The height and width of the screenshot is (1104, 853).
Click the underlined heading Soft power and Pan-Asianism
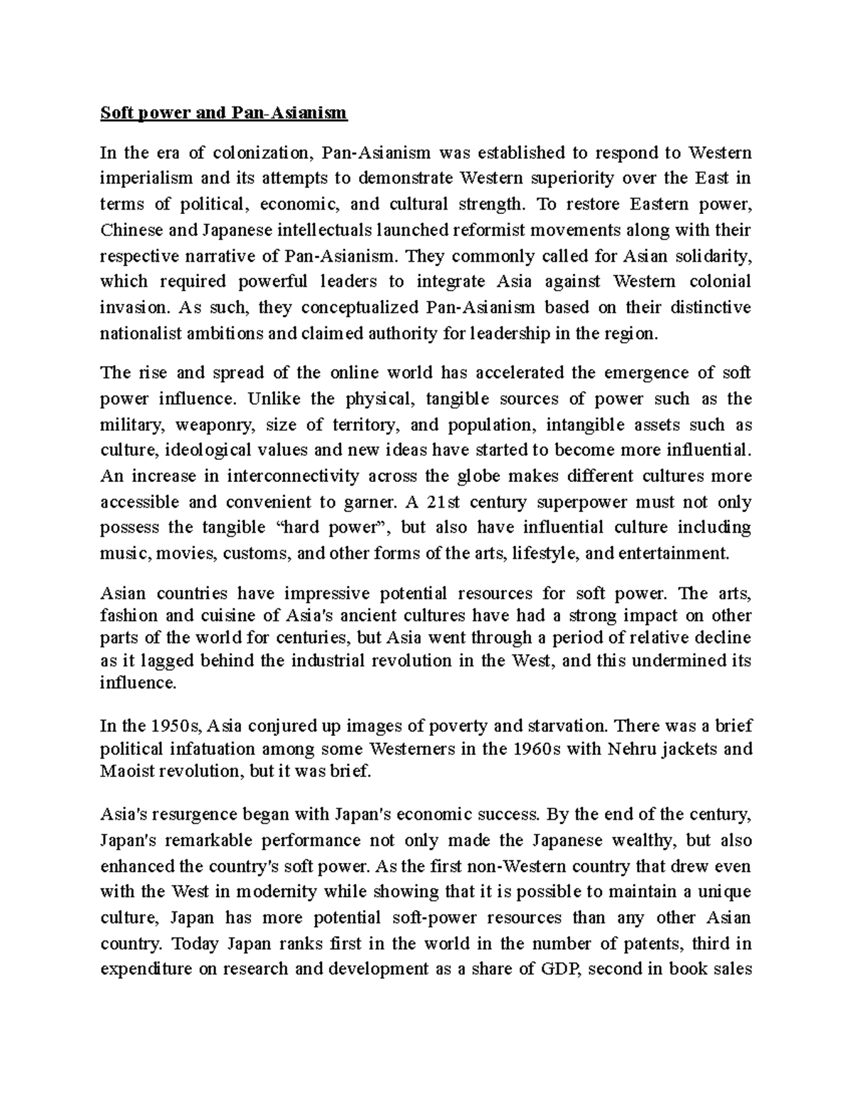coord(223,113)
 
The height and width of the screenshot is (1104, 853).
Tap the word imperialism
coord(140,178)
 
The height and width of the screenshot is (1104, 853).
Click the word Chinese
coord(129,230)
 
